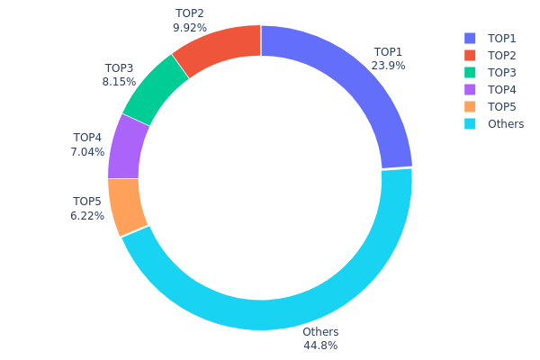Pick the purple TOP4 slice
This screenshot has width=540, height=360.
coord(128,146)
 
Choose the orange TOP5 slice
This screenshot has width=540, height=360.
coord(128,205)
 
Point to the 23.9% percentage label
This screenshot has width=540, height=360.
coord(389,66)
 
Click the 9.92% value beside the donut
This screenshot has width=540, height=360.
coord(190,28)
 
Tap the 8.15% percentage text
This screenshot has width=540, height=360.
coord(119,82)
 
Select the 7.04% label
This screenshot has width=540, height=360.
coord(87,152)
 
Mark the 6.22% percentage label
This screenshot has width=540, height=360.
coord(87,216)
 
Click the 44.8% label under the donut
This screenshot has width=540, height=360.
coord(320,346)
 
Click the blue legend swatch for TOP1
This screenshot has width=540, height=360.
coord(469,38)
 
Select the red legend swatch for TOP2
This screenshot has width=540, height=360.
coord(469,55)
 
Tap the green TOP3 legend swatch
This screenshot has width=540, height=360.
coord(469,72)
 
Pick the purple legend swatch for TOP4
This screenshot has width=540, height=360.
coord(469,89)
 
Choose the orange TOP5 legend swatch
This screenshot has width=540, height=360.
coord(469,106)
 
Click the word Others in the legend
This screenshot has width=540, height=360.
coord(505,123)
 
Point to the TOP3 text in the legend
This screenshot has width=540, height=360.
coord(502,72)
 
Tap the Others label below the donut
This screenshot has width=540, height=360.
coord(320,332)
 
